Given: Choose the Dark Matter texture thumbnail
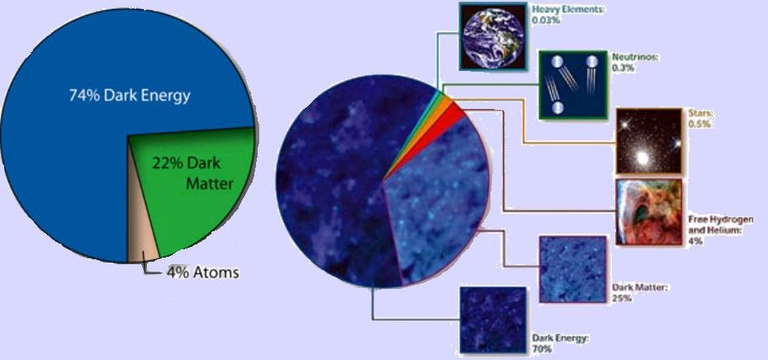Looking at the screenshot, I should point(572,268).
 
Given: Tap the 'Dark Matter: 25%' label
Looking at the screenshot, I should point(639,292).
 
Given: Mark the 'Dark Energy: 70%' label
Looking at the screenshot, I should point(561,343).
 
